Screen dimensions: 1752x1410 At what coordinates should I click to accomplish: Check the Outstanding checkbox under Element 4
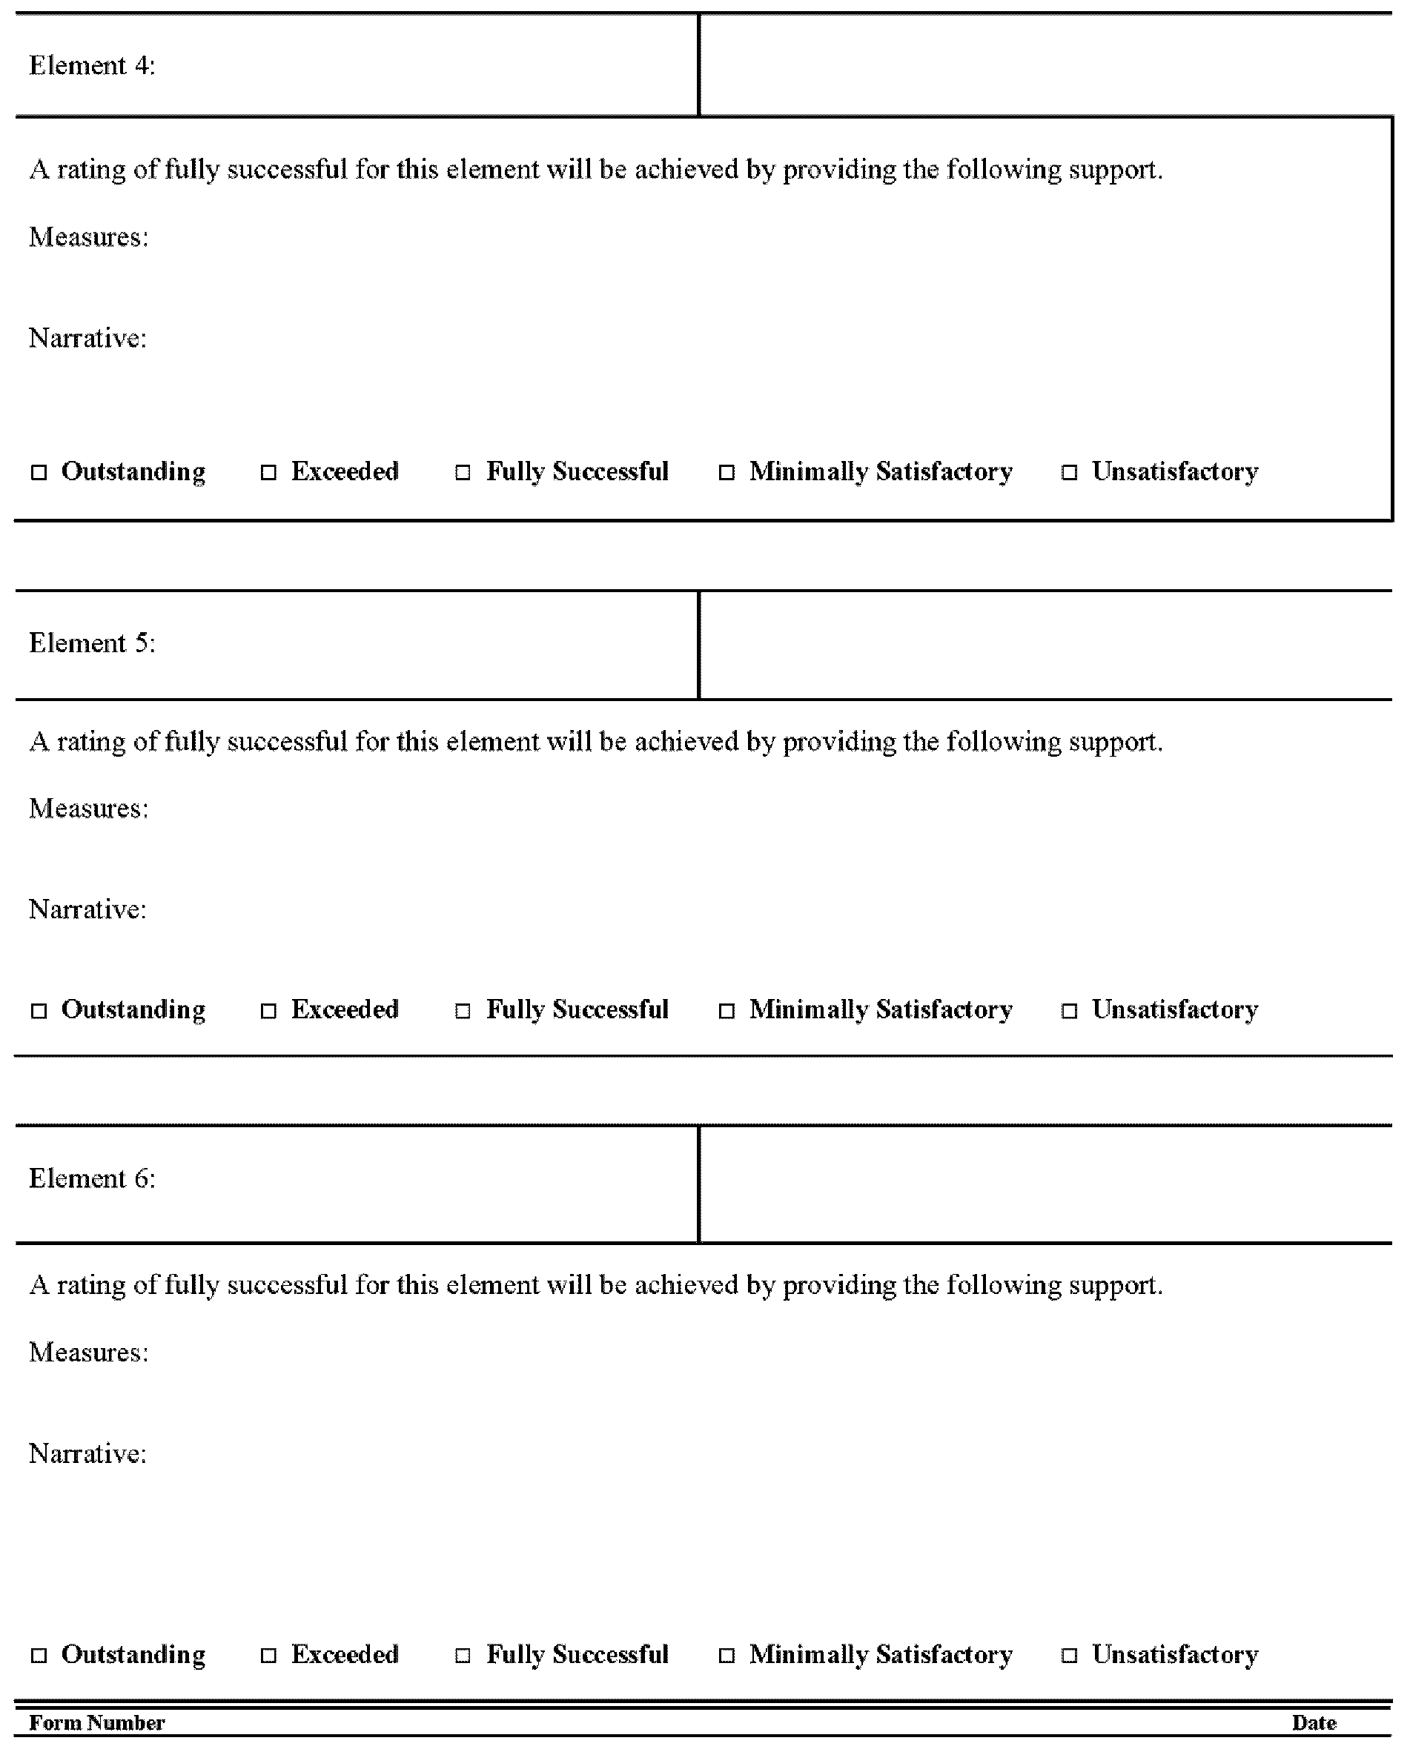[39, 472]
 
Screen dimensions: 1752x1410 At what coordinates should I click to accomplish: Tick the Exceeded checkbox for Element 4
[268, 472]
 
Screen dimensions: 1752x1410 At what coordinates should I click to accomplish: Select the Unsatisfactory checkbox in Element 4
[1070, 472]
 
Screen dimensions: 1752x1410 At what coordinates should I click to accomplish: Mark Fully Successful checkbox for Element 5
[463, 1011]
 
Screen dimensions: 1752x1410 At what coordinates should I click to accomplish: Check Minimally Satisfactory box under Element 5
[726, 1011]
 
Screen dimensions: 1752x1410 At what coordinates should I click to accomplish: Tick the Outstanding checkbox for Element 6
[39, 1656]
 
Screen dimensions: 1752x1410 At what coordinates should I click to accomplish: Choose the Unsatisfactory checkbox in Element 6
[1070, 1656]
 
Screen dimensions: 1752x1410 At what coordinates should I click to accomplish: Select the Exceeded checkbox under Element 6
[268, 1656]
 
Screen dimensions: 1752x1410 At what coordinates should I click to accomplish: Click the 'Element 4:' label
[92, 65]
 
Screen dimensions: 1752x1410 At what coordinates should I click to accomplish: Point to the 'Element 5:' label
[92, 643]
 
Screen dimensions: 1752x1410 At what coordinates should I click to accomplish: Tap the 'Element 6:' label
[92, 1179]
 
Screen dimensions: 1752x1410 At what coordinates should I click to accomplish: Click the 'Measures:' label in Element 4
[88, 237]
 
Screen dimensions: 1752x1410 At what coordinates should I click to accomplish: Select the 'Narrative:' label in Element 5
[87, 909]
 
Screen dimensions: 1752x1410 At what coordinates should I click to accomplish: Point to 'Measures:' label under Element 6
[88, 1353]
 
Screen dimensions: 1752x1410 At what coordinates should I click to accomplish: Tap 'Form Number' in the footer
[96, 1724]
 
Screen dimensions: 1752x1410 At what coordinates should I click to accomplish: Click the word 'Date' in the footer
[1314, 1724]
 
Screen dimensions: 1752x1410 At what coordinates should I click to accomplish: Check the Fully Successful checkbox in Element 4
[463, 472]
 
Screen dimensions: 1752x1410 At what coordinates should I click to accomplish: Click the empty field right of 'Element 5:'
[1045, 646]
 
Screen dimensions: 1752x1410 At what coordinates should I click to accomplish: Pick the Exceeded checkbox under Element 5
[268, 1011]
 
